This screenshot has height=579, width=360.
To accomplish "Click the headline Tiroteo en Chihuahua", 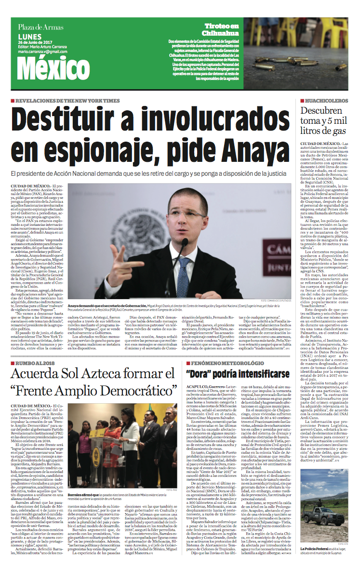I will (x=221, y=29).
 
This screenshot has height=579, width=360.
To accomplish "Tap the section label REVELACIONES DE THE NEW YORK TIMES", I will (x=67, y=101).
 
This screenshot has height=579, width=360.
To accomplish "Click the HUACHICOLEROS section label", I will (x=325, y=101).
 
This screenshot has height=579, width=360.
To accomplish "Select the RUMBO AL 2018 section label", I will (x=36, y=335).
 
